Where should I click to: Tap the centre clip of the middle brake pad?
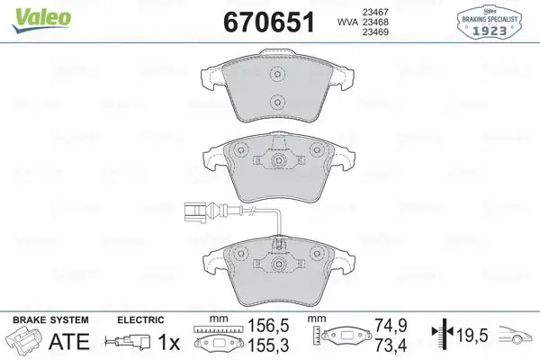click(277, 161)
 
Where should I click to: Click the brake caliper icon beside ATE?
click(24, 342)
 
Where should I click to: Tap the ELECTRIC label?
click(141, 319)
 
